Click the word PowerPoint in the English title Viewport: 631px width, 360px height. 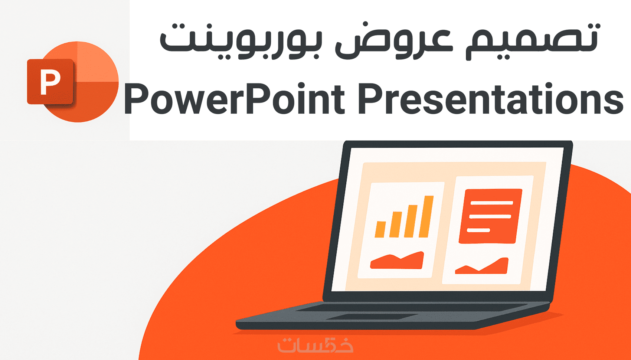click(234, 99)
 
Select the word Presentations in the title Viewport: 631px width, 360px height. click(491, 99)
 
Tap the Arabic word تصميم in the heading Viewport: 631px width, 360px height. click(532, 41)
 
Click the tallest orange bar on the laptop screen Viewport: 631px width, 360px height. click(426, 216)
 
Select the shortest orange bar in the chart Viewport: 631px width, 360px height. click(380, 229)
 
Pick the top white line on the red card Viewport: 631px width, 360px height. click(491, 203)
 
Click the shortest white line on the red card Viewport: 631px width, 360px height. click(478, 230)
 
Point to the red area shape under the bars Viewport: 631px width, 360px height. click(397, 260)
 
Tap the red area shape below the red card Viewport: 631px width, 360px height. click(482, 266)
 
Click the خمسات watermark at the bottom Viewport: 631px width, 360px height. click(315, 344)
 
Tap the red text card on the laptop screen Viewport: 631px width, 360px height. click(490, 216)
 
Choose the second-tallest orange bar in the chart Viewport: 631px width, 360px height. click(411, 221)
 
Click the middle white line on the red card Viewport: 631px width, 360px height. click(490, 217)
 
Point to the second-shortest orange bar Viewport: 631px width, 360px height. click(396, 225)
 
